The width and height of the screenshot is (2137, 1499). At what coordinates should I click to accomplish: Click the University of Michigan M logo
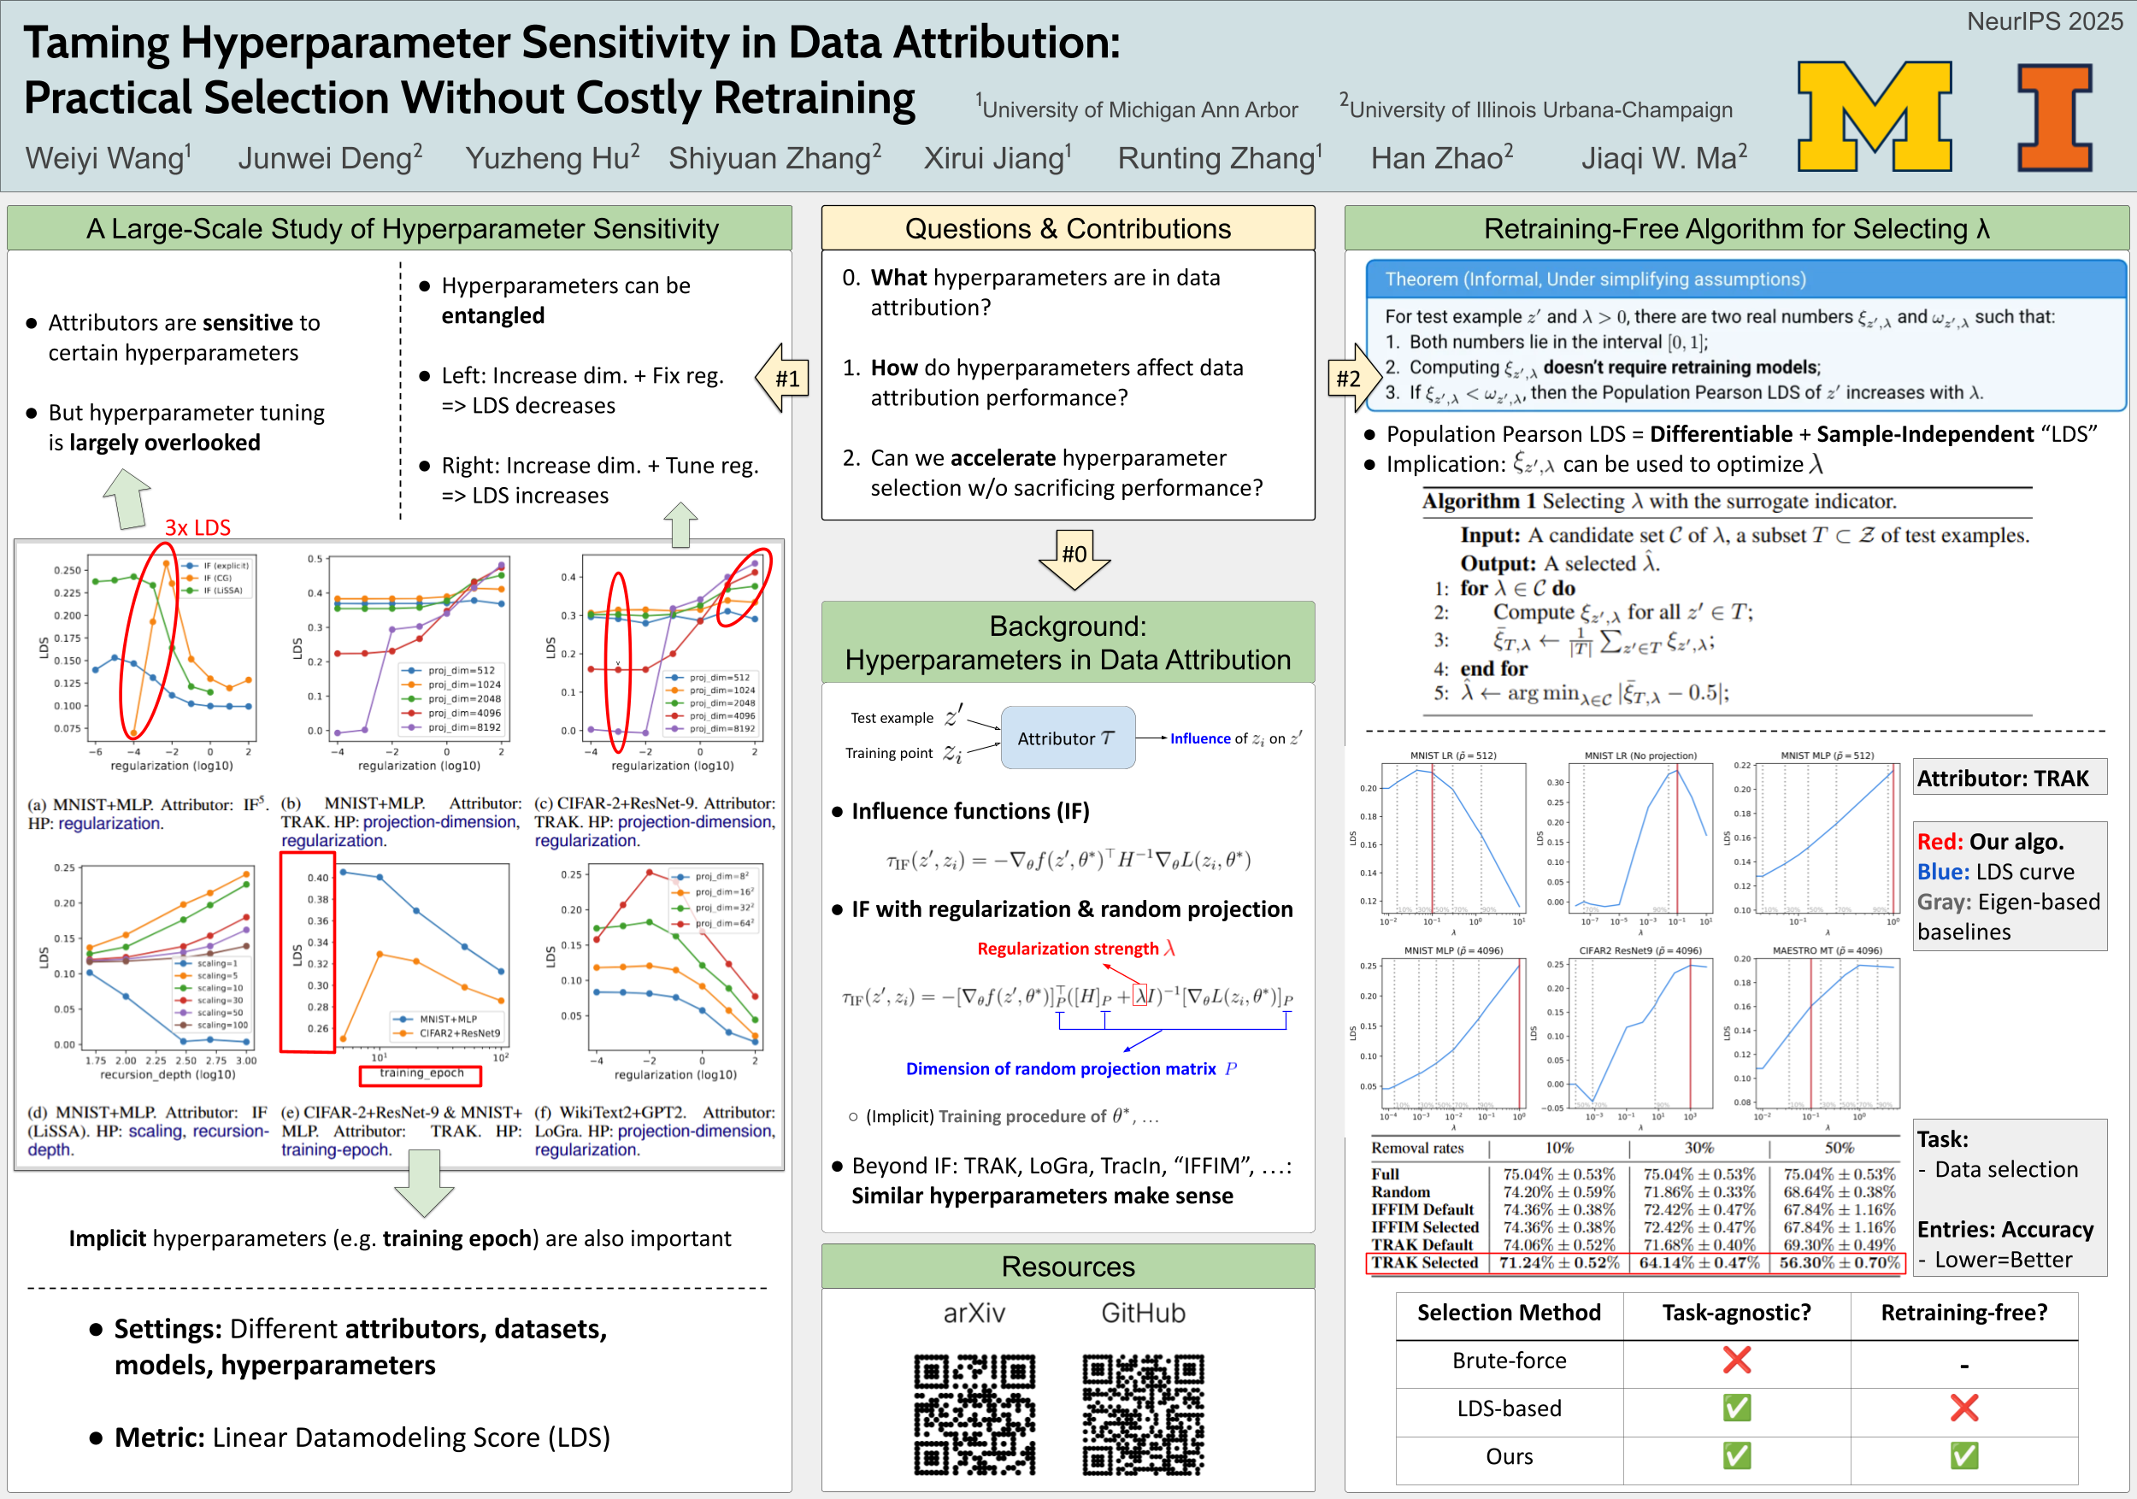click(1874, 116)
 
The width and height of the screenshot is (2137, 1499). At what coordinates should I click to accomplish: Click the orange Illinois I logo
click(2055, 117)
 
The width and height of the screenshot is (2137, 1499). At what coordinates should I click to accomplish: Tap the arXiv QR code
click(974, 1414)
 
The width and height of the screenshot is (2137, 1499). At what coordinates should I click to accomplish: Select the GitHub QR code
click(1143, 1414)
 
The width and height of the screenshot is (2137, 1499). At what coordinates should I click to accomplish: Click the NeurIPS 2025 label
click(2044, 21)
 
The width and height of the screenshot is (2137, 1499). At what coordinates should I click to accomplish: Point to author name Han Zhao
click(1441, 158)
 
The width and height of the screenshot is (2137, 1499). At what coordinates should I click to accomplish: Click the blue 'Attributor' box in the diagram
click(1068, 738)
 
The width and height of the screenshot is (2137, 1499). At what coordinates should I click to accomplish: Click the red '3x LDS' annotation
click(197, 527)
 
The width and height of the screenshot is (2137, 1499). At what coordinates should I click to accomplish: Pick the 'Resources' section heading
click(1068, 1267)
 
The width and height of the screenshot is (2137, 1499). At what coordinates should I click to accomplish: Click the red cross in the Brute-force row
click(1736, 1361)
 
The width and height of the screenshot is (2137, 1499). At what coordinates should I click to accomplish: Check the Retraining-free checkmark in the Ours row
click(1963, 1455)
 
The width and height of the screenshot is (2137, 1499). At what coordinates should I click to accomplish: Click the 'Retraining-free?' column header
click(1963, 1313)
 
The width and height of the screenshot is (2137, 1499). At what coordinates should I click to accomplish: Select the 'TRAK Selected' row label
click(1424, 1262)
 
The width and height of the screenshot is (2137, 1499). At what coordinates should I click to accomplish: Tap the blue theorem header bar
click(1746, 279)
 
